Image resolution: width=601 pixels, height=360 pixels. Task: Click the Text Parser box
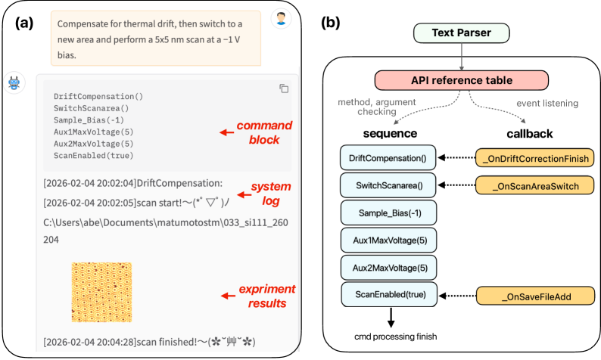(x=459, y=33)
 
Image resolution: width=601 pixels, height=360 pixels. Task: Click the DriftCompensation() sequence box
(x=388, y=159)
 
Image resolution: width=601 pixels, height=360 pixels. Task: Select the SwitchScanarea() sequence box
(x=388, y=184)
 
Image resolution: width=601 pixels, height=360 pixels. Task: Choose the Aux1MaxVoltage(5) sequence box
(x=388, y=240)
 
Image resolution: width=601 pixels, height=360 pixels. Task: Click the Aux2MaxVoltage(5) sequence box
(x=388, y=268)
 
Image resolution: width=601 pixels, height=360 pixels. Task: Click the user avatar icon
(x=281, y=18)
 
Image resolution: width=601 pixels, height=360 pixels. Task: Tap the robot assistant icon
(x=14, y=82)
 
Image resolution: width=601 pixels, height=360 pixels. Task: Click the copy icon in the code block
(x=284, y=88)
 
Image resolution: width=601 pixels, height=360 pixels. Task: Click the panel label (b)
(x=331, y=23)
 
